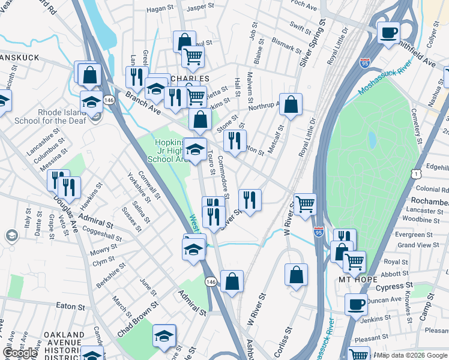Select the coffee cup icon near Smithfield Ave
click(x=389, y=32)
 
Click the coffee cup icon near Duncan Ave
click(x=356, y=304)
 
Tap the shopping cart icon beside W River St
click(x=305, y=204)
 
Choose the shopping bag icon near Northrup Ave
click(x=291, y=105)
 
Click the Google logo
click(x=19, y=353)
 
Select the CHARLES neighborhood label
click(x=190, y=79)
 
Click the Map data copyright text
click(x=412, y=355)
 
